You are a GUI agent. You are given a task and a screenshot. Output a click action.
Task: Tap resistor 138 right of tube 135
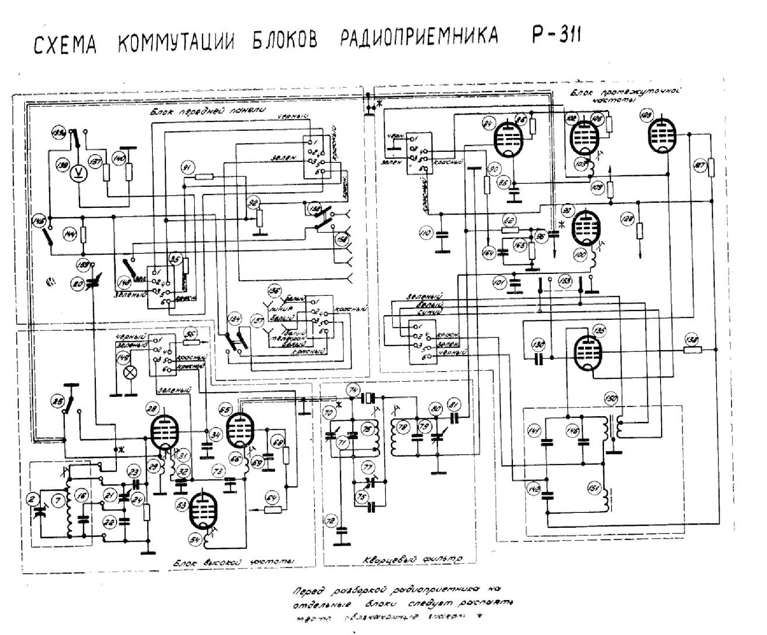692,350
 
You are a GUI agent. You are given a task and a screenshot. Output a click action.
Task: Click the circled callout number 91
187,167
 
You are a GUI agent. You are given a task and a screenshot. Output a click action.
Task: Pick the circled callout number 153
566,281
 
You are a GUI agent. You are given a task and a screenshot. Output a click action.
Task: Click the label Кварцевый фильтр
413,559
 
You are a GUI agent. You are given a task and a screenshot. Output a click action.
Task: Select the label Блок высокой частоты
233,562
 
